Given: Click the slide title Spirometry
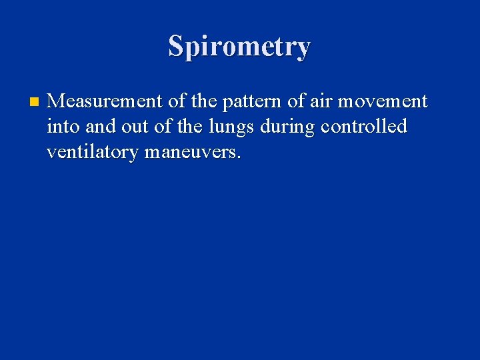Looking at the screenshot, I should click(x=239, y=47).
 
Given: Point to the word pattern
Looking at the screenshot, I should click(x=251, y=102).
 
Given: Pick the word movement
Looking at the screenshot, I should click(x=383, y=101).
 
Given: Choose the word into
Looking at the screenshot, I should click(x=63, y=127).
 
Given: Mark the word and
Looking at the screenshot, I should click(x=101, y=127).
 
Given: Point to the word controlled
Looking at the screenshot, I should click(x=364, y=127).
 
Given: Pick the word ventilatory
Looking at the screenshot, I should click(x=93, y=153).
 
